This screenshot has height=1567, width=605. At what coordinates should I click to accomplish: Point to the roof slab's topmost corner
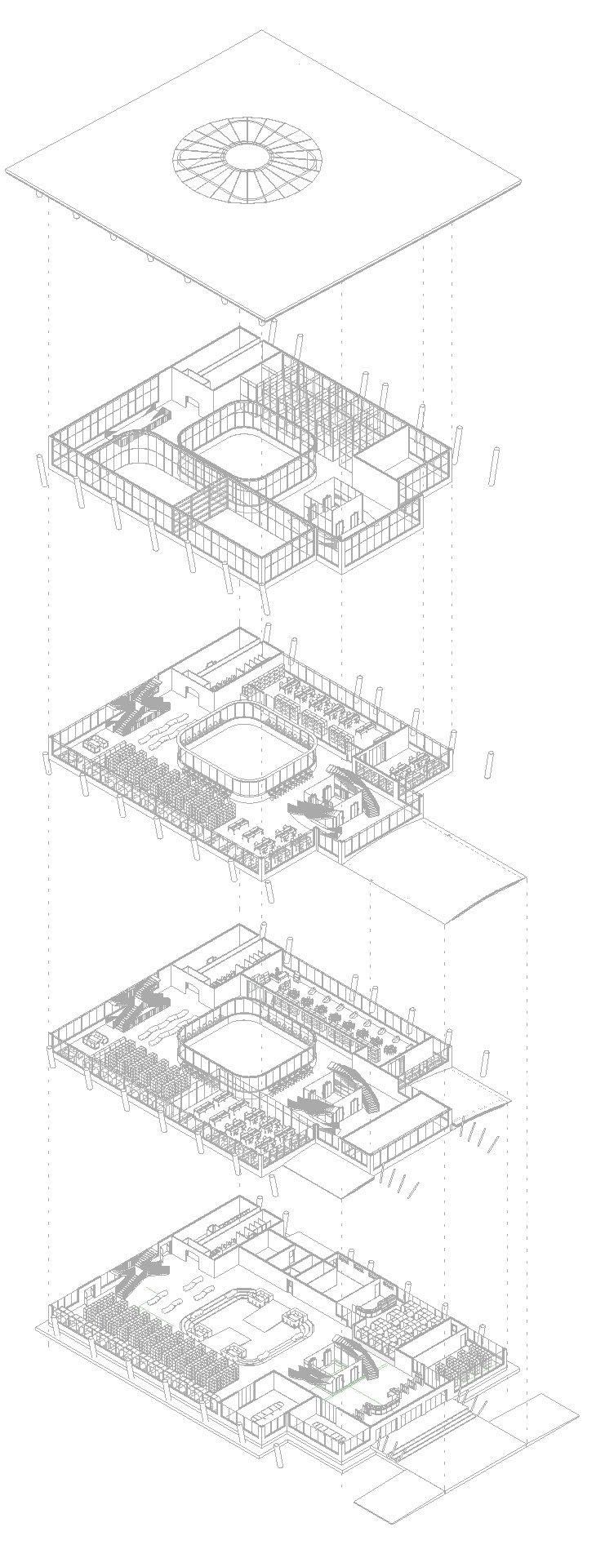pyautogui.click(x=262, y=32)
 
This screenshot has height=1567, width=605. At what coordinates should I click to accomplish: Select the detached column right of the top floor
pyautogui.click(x=494, y=466)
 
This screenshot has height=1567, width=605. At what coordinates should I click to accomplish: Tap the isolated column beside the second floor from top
pyautogui.click(x=490, y=765)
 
